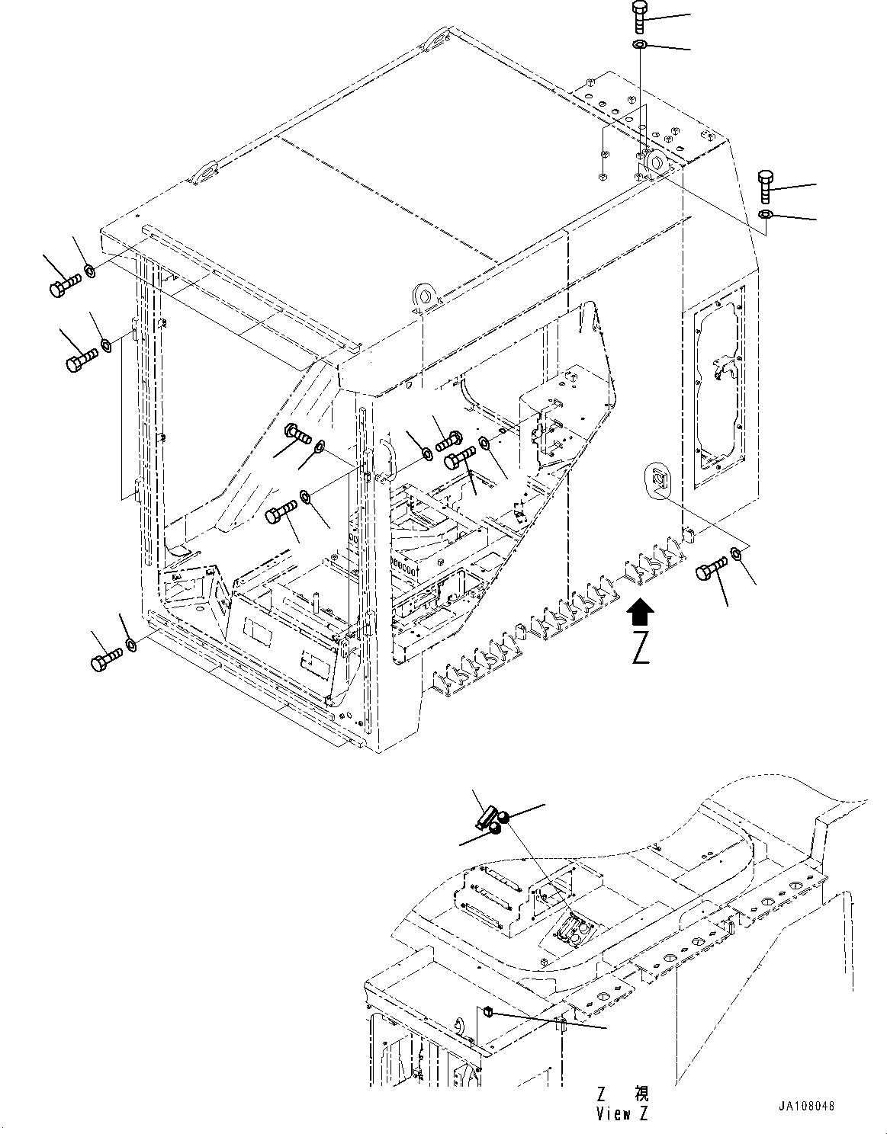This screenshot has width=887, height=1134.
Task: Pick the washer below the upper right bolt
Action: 766,214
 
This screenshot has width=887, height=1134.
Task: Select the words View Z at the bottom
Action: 622,1113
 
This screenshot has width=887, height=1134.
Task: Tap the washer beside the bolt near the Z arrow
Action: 737,553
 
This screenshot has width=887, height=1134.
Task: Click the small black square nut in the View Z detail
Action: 489,1011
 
